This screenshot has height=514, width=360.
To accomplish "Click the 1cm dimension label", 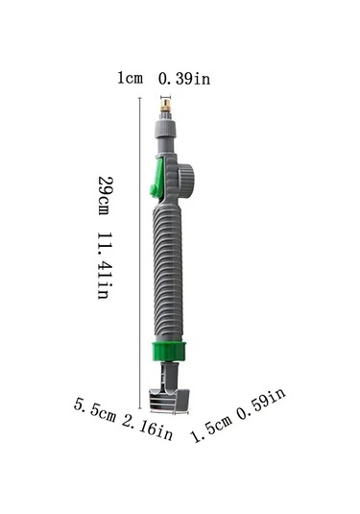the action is click(130, 79).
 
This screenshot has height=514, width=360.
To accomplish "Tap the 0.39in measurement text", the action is click(184, 79).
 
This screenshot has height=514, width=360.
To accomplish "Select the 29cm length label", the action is click(105, 196).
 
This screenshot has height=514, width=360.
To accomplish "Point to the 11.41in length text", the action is click(105, 266).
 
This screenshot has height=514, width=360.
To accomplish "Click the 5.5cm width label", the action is click(95, 409).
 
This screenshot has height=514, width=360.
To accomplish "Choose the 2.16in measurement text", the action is click(148, 428).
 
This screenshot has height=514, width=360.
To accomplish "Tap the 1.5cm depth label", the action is click(211, 428).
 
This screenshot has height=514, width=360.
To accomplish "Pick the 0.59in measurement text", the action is click(261, 404).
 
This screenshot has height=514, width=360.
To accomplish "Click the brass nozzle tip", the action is click(165, 107).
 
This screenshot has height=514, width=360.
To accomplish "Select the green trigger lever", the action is click(157, 178).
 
